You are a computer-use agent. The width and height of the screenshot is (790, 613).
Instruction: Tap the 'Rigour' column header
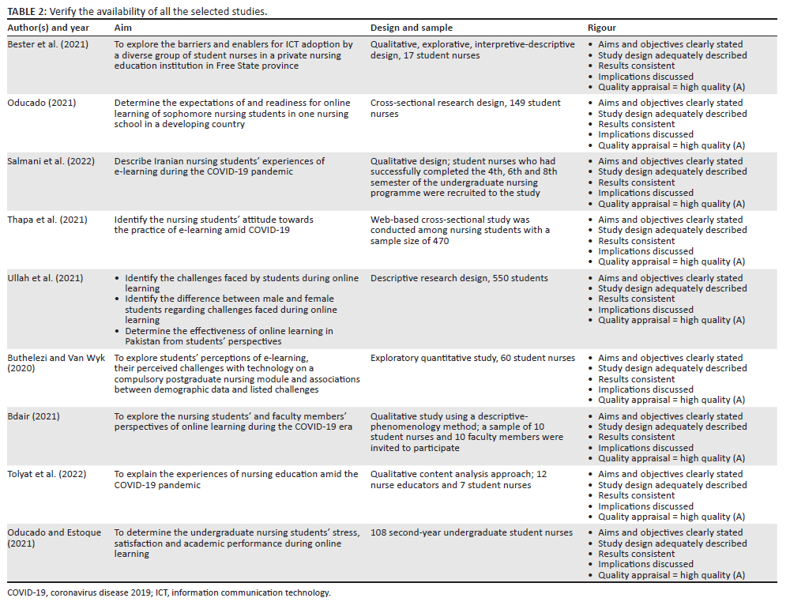tap(603, 28)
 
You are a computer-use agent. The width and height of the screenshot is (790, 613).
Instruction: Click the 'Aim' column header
tap(122, 28)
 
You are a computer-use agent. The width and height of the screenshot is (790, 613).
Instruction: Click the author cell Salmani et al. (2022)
tap(51, 161)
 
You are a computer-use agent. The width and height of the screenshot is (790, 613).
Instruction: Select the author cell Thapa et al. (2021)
tap(47, 220)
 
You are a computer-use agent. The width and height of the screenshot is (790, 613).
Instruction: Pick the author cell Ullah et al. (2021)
tap(46, 278)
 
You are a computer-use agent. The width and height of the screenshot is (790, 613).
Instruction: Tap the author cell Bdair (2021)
tap(33, 416)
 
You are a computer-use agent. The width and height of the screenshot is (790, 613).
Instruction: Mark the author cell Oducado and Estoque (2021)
tap(54, 538)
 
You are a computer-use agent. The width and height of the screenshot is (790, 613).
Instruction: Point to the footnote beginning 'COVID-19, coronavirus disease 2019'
tap(168, 592)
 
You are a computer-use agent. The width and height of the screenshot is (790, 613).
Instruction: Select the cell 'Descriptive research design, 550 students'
tap(459, 278)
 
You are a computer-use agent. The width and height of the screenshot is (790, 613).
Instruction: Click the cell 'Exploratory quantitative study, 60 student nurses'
tap(472, 358)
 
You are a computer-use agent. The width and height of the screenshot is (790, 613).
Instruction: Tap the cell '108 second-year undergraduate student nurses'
tap(472, 532)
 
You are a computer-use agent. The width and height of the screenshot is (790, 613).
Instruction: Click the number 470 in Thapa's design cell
tap(440, 241)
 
